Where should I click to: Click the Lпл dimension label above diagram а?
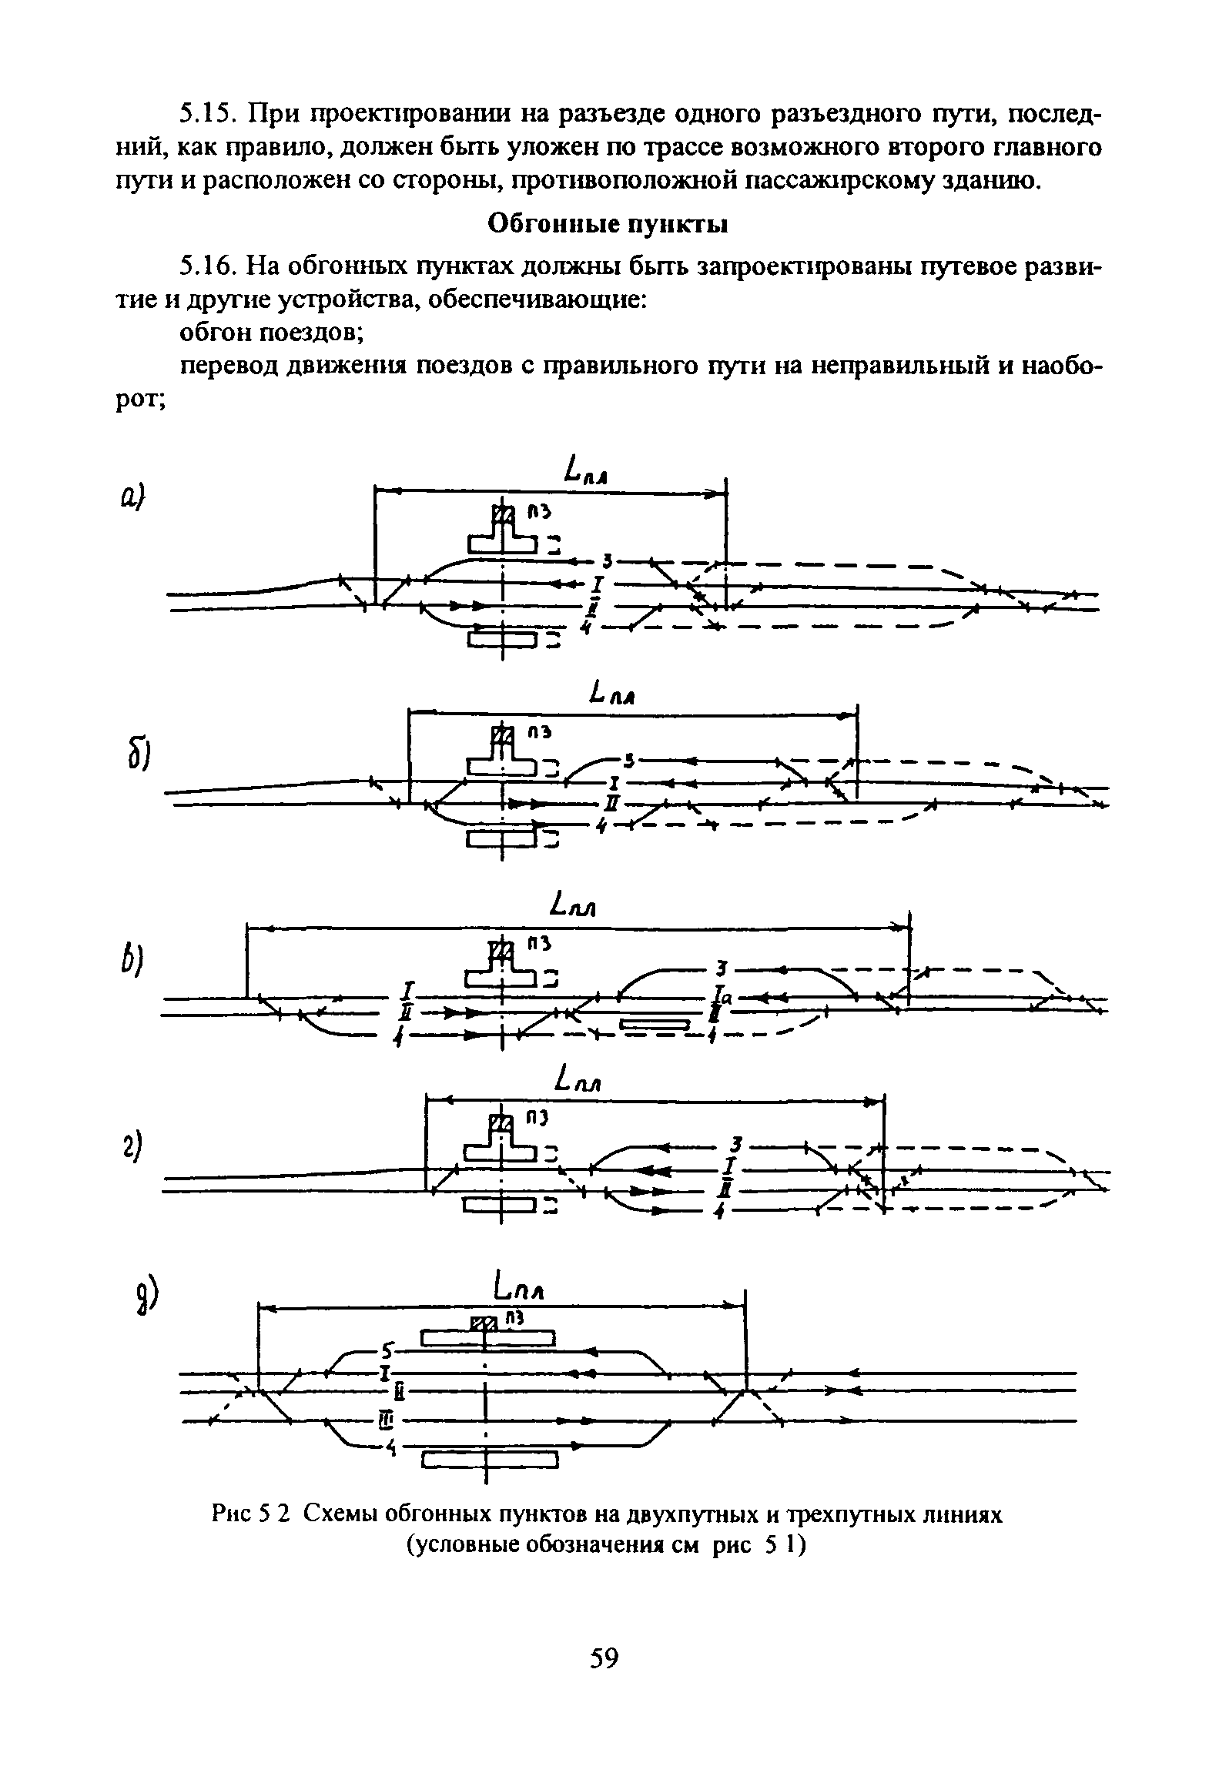(x=588, y=469)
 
